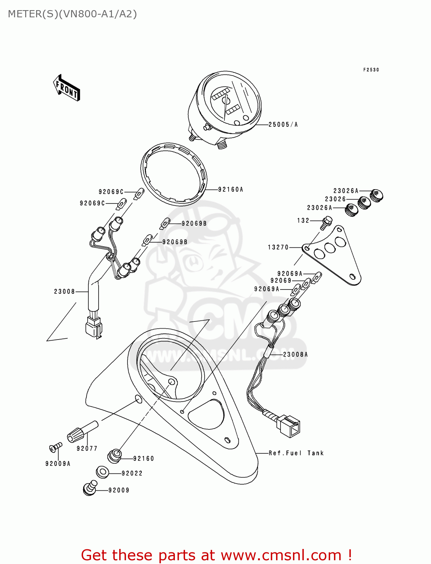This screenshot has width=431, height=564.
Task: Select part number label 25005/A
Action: click(283, 125)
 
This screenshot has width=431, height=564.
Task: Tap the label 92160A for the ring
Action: click(231, 190)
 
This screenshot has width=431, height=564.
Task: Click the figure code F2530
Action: click(371, 70)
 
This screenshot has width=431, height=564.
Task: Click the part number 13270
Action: click(278, 247)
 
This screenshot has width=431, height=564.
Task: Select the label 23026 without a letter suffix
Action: click(335, 199)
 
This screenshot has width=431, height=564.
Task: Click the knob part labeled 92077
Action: click(82, 432)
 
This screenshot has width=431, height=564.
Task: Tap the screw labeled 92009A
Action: click(55, 447)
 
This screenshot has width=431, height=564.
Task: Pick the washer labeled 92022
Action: click(102, 472)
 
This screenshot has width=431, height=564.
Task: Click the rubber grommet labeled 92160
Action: click(115, 456)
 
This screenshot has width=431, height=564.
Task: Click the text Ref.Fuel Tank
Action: click(296, 453)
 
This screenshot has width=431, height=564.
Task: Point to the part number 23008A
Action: click(295, 355)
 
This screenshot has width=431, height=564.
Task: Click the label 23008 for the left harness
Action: click(64, 291)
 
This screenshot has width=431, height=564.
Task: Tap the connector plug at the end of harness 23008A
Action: click(288, 426)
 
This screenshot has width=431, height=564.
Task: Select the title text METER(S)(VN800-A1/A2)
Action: click(72, 14)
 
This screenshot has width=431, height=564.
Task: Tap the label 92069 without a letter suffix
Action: click(281, 281)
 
